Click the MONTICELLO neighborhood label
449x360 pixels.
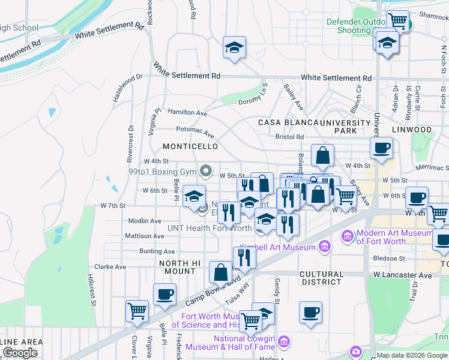pyautogui.click(x=190, y=146)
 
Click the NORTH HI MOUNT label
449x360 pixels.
pyautogui.click(x=177, y=267)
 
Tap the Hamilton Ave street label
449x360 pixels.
pyautogui.click(x=187, y=112)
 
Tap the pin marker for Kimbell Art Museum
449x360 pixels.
pyautogui.click(x=325, y=245)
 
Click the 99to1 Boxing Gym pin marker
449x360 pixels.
pyautogui.click(x=206, y=172)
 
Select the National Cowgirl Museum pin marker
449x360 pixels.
pyautogui.click(x=285, y=343)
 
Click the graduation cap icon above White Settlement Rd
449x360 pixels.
pyautogui.click(x=234, y=47)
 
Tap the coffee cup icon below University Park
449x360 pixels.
pyautogui.click(x=381, y=148)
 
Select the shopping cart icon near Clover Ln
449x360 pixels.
pyautogui.click(x=137, y=311)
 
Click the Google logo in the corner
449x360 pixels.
pyautogui.click(x=20, y=353)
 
